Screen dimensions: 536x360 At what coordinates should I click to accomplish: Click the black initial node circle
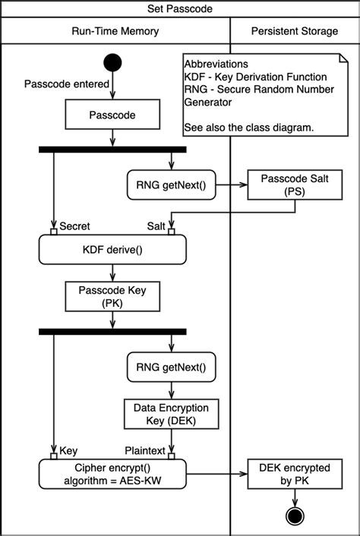pos(112,63)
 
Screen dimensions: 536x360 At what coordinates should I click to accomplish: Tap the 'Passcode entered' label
pos(67,84)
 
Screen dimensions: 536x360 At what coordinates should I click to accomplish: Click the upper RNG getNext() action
pos(171,184)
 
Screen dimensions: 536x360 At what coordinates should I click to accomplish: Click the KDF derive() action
pos(112,250)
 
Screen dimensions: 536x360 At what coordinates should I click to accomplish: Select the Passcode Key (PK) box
pos(112,297)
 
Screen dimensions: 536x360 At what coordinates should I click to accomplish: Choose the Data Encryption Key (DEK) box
pos(171,413)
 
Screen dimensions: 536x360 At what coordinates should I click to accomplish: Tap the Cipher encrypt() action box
pos(112,473)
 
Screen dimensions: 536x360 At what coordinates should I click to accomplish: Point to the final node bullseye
pos(294,516)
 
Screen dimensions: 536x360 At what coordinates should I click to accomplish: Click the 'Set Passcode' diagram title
pos(180,9)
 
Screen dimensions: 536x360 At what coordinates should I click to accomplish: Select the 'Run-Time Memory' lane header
pos(115,30)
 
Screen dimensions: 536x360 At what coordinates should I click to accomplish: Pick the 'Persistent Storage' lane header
pos(295,30)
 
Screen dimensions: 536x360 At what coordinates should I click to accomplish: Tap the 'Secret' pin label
pos(74,225)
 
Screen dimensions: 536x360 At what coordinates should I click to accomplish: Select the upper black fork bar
pos(112,150)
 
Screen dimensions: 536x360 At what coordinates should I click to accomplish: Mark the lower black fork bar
pos(112,332)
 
